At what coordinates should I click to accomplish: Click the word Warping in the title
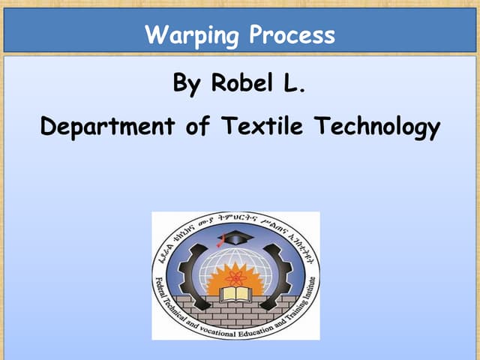(x=191, y=35)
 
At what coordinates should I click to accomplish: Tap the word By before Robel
(x=188, y=83)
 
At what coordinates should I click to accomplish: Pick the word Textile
(x=267, y=127)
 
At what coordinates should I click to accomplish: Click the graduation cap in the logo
(x=235, y=238)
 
